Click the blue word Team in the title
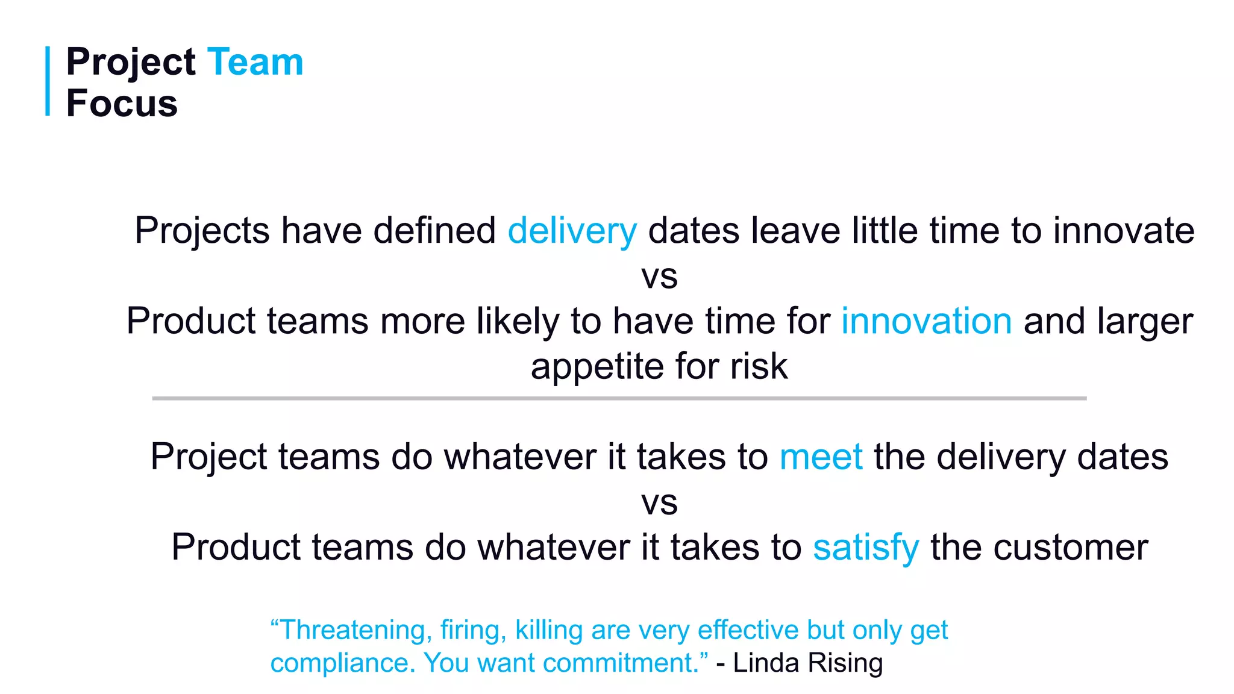[255, 62]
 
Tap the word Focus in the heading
[122, 104]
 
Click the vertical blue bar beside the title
[48, 81]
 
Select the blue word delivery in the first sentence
[572, 231]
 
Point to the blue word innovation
[926, 321]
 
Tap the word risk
[759, 367]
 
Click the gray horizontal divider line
[619, 398]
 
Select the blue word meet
[821, 457]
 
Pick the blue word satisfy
[865, 548]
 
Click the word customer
[1070, 548]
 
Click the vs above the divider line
[659, 277]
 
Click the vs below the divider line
[659, 503]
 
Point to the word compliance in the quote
[342, 663]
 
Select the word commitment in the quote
[621, 663]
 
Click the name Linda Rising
[807, 663]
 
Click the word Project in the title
[131, 62]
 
